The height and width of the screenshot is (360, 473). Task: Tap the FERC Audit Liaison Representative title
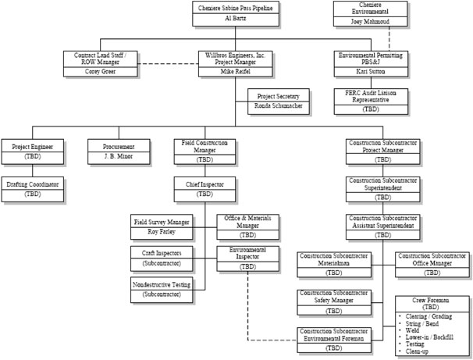366,98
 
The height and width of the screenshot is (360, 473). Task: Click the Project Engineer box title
32,145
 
